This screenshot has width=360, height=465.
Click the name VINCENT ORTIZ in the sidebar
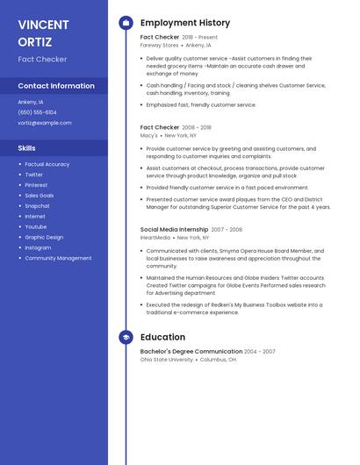[40, 32]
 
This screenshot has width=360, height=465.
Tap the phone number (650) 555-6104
[37, 112]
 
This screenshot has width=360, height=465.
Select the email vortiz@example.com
[44, 123]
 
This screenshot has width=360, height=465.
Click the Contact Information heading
[56, 86]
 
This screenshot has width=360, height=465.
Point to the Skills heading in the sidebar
[26, 148]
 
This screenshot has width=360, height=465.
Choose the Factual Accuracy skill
[47, 164]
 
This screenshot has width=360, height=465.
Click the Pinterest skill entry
[36, 185]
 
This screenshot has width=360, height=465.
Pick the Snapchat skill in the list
[37, 206]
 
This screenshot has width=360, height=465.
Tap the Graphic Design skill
[44, 237]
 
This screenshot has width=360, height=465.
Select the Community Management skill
[58, 258]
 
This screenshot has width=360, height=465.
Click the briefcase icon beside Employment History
[126, 23]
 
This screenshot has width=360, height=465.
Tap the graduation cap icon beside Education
[126, 337]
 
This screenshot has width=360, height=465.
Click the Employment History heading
[185, 23]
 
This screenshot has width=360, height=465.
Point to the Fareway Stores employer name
[160, 45]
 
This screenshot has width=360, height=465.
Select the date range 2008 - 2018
[197, 127]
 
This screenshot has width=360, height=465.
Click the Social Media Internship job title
[173, 229]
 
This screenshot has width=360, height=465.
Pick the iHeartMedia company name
[155, 237]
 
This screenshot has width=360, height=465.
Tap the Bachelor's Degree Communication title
[191, 351]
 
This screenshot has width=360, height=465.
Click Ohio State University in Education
[166, 359]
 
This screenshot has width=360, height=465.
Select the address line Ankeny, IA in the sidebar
[31, 102]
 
